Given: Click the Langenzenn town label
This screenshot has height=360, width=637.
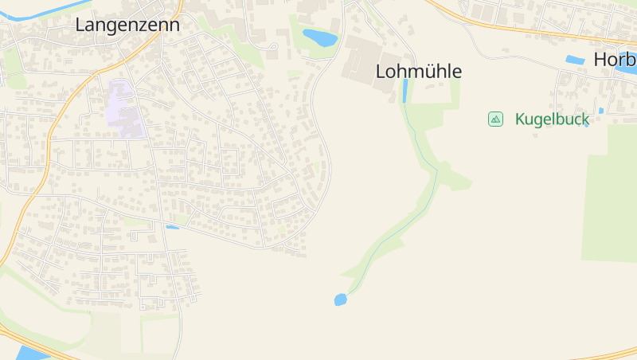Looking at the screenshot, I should (127, 25).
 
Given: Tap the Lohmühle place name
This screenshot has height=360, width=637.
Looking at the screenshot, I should (418, 72).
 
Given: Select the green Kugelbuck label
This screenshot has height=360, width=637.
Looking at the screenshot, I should (552, 119).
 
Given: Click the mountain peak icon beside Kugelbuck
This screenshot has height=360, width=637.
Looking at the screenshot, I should (495, 119).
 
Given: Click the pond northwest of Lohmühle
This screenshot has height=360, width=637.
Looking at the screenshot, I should (319, 37).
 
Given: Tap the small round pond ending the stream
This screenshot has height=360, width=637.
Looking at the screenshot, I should (341, 299).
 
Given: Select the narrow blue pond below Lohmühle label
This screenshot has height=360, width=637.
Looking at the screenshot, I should (405, 90).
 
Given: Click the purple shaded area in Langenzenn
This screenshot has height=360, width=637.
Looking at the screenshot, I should (123, 108).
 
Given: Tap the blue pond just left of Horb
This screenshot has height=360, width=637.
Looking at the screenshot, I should (574, 60).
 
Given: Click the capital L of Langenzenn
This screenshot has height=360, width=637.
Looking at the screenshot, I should (80, 25).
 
